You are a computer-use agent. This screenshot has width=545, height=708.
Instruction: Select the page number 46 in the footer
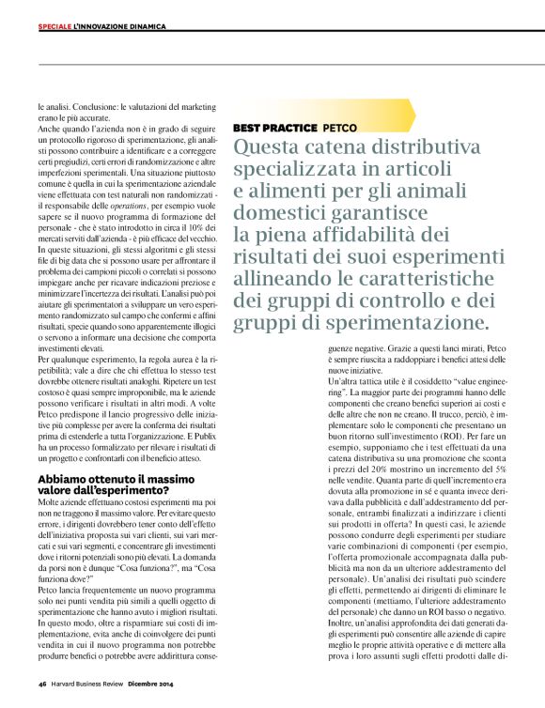coord(43,685)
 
